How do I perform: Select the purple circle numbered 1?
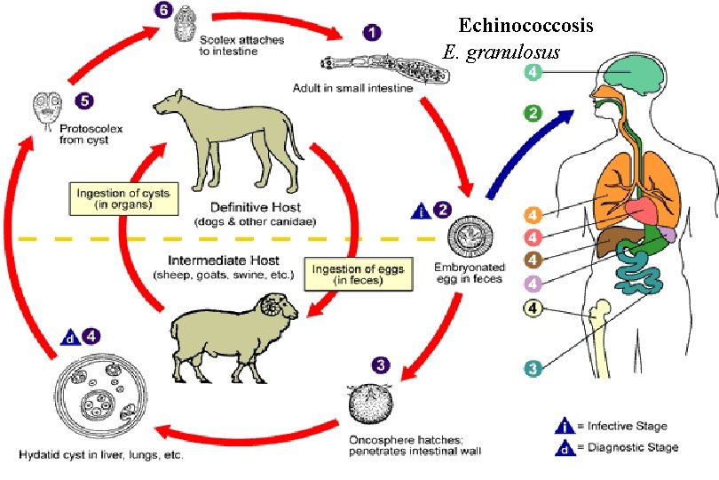[x=373, y=31]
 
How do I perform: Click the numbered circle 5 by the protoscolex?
[x=83, y=100]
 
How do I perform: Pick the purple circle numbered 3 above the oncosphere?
[x=380, y=364]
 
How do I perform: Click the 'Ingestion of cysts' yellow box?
[x=125, y=198]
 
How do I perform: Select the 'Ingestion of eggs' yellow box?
[x=349, y=274]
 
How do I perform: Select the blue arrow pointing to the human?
[x=530, y=147]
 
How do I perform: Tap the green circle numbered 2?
[x=533, y=113]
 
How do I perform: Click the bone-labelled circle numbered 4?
[x=532, y=309]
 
